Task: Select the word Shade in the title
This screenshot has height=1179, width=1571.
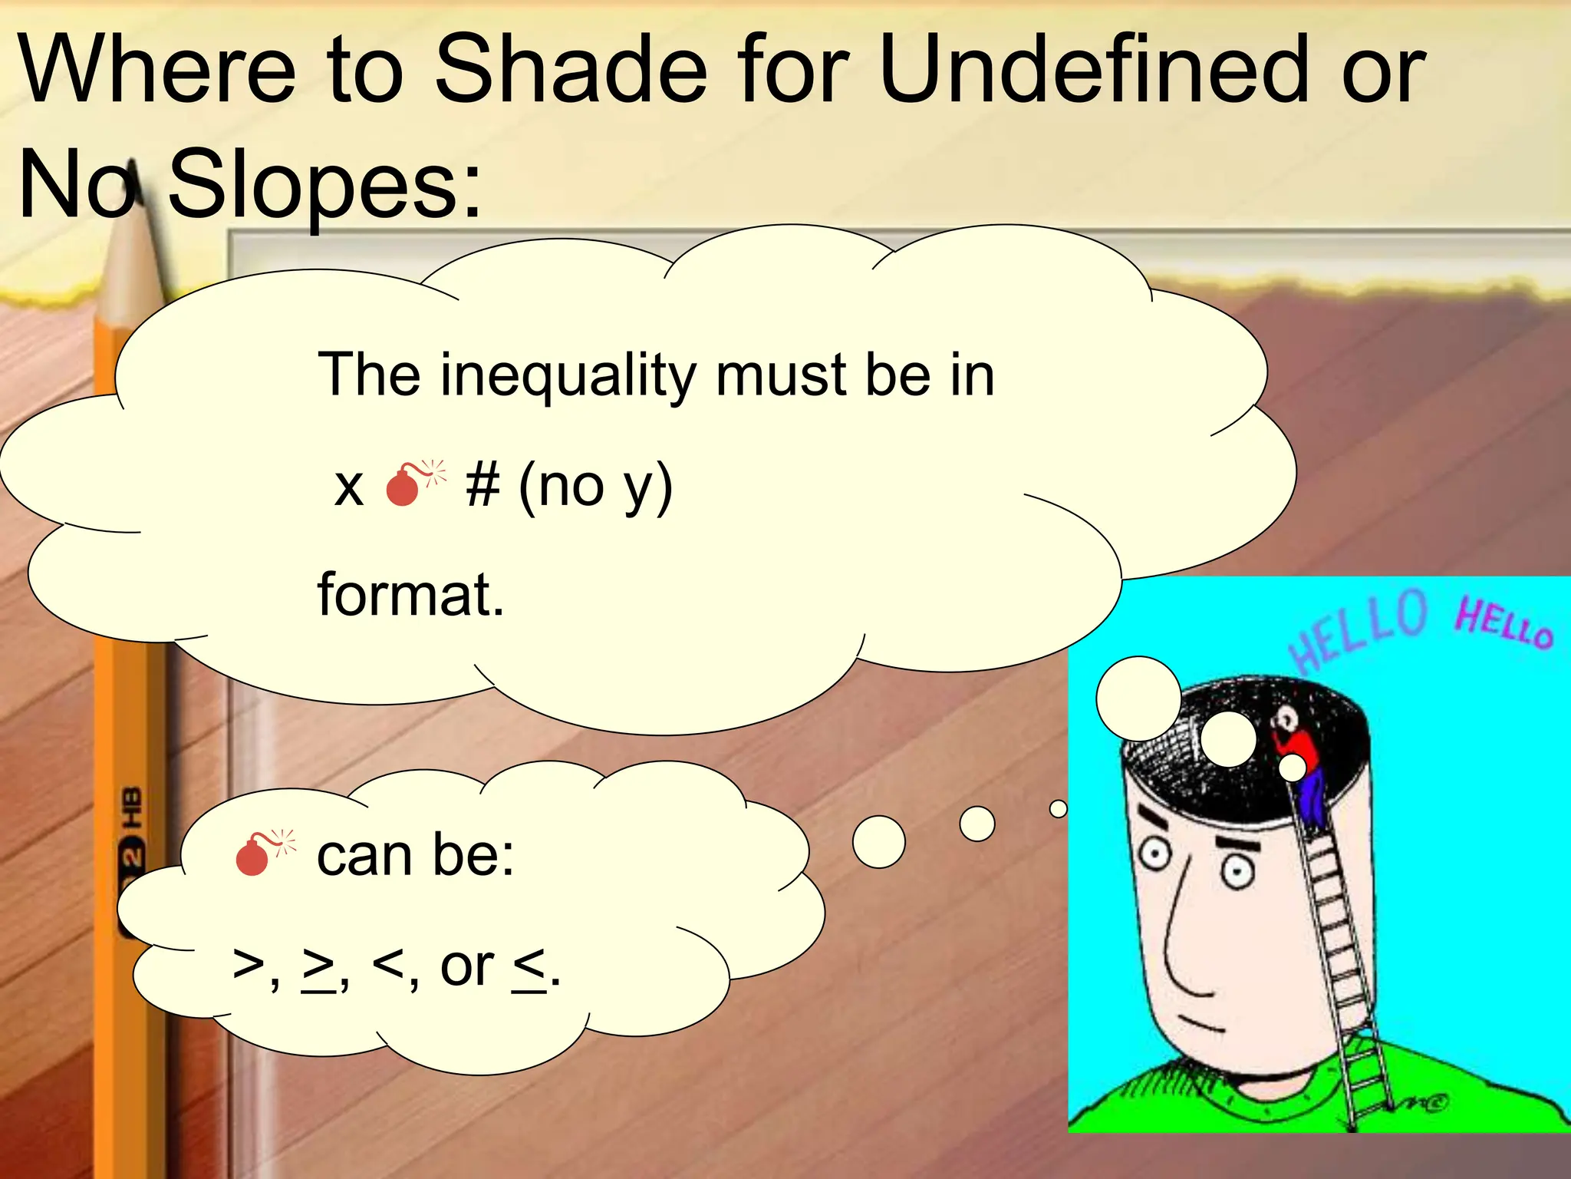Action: [571, 71]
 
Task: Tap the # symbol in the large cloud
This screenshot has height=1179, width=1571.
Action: [482, 485]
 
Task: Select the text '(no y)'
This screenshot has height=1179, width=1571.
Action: [595, 487]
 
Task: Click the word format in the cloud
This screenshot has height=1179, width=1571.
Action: [410, 595]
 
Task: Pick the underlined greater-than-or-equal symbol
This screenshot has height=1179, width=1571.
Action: [318, 969]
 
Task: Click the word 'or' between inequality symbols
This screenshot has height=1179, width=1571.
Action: [466, 967]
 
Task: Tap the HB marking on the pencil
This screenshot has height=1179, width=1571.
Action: [133, 806]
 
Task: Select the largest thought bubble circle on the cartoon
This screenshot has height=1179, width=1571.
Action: [1138, 698]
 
